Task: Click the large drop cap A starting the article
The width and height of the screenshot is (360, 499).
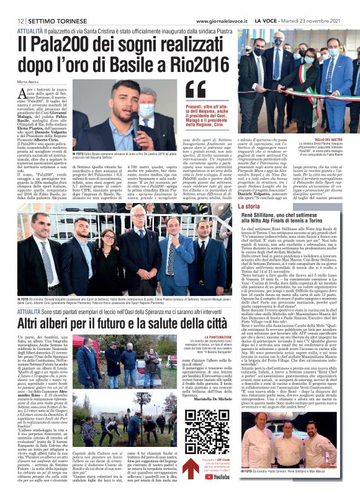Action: [24, 93]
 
